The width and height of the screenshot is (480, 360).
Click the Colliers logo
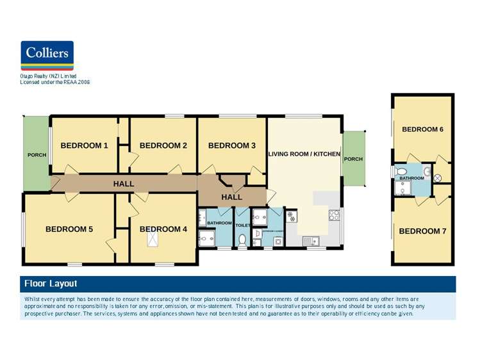47,55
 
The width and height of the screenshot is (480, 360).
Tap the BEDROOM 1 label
84,145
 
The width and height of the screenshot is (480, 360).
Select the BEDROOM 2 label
163,145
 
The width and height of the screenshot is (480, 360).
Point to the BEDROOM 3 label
231,145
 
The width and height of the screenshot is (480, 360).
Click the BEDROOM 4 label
163,229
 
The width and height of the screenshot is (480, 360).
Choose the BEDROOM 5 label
69,229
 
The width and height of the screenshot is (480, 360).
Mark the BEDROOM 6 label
422,129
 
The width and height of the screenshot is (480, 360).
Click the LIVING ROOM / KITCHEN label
304,154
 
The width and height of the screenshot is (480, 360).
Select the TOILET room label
243,225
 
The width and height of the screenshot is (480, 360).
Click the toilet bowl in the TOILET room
242,240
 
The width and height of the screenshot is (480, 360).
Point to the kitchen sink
310,241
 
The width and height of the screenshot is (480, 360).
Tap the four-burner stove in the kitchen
334,215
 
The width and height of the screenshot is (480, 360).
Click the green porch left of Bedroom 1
36,154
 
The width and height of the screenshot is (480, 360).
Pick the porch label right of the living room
353,159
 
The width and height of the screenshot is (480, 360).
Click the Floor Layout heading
51,283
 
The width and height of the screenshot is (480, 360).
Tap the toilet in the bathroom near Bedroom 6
401,172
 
